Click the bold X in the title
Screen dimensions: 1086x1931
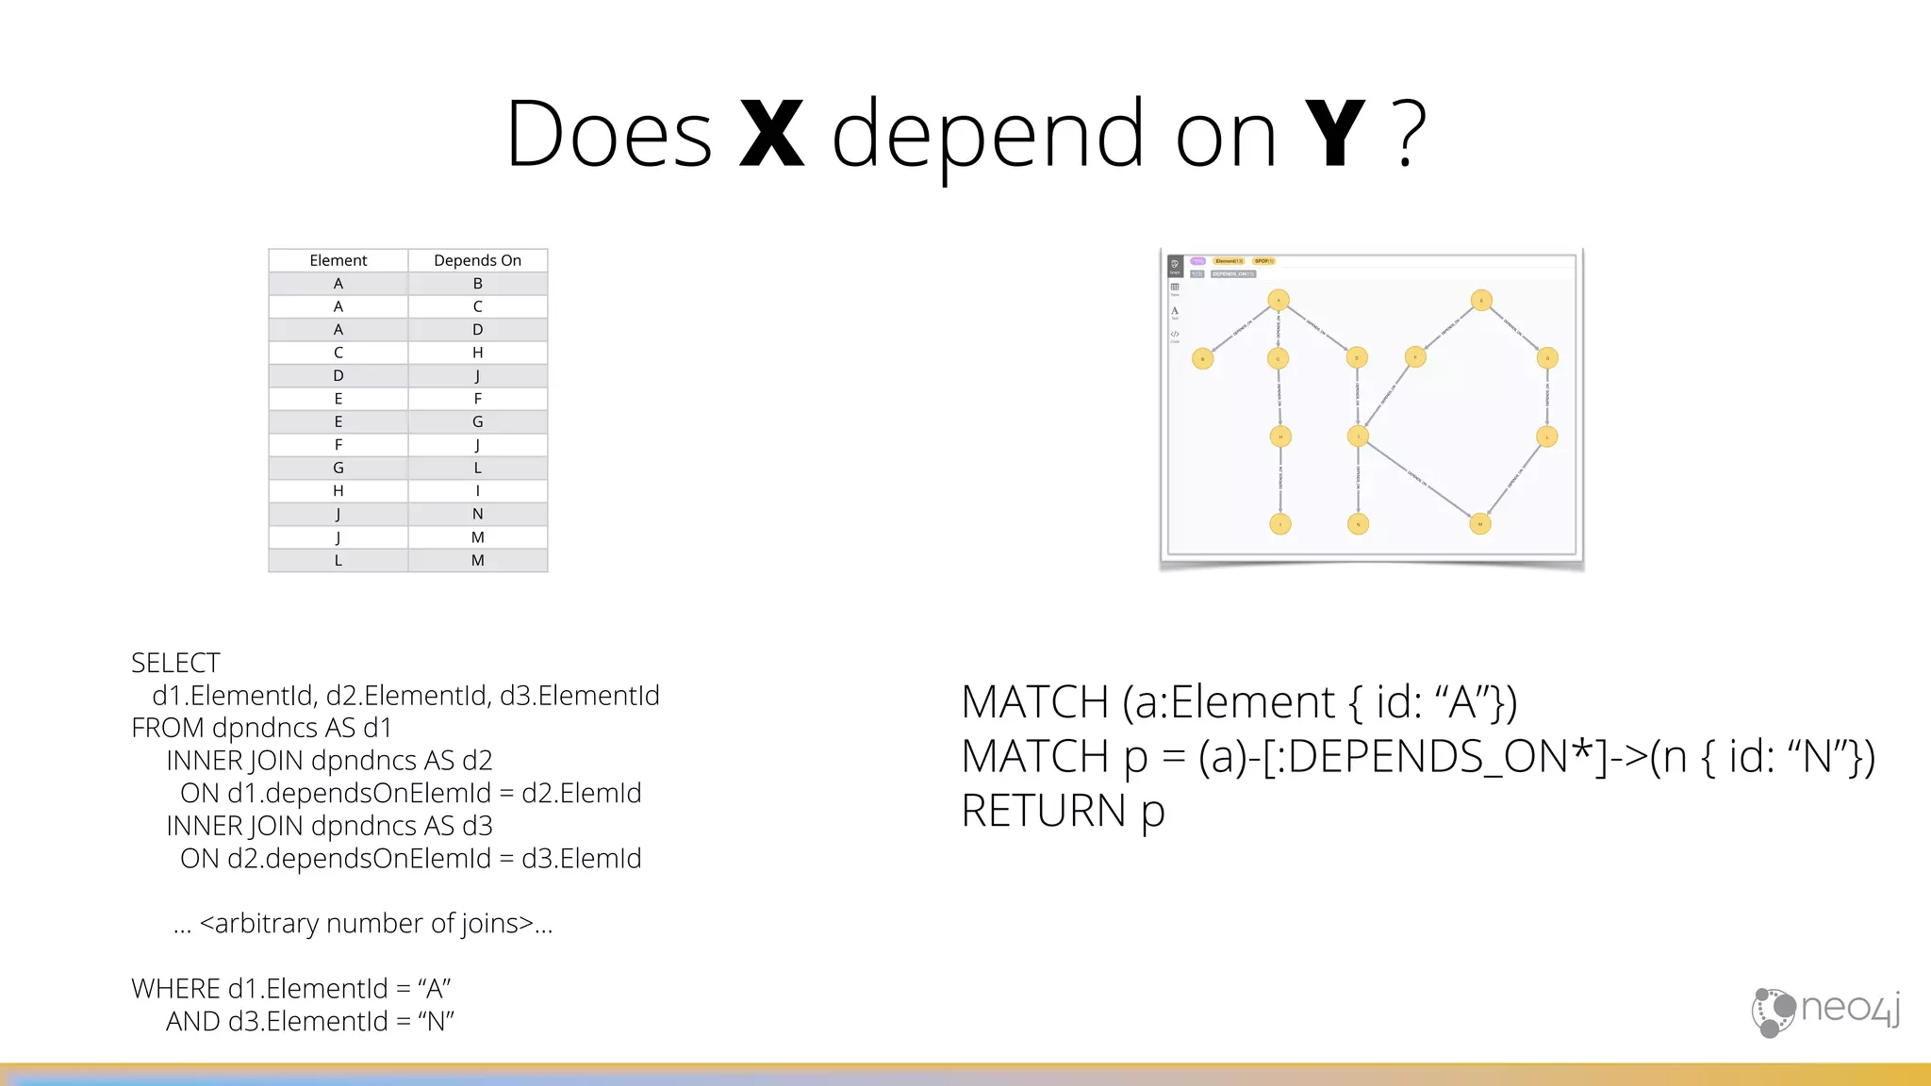click(772, 135)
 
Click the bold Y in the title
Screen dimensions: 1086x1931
click(1334, 135)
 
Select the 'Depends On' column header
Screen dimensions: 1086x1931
click(477, 260)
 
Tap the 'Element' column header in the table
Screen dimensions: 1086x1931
click(338, 260)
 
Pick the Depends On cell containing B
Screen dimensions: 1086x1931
click(477, 284)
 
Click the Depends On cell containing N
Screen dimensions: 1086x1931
click(477, 514)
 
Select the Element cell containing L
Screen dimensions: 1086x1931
click(338, 560)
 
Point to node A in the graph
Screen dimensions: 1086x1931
click(1279, 301)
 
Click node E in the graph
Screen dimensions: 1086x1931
click(1481, 301)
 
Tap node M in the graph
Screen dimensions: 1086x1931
click(1480, 523)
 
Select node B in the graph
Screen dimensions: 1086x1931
click(1202, 358)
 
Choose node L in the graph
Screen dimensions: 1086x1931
click(1547, 436)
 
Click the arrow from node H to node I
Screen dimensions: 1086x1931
click(1280, 480)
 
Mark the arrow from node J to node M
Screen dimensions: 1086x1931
click(1419, 480)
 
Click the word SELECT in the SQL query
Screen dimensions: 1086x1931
click(175, 663)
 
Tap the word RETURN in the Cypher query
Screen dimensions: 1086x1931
click(1044, 811)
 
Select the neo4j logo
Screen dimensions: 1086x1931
click(1825, 1012)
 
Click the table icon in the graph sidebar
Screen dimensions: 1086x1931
click(1175, 288)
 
